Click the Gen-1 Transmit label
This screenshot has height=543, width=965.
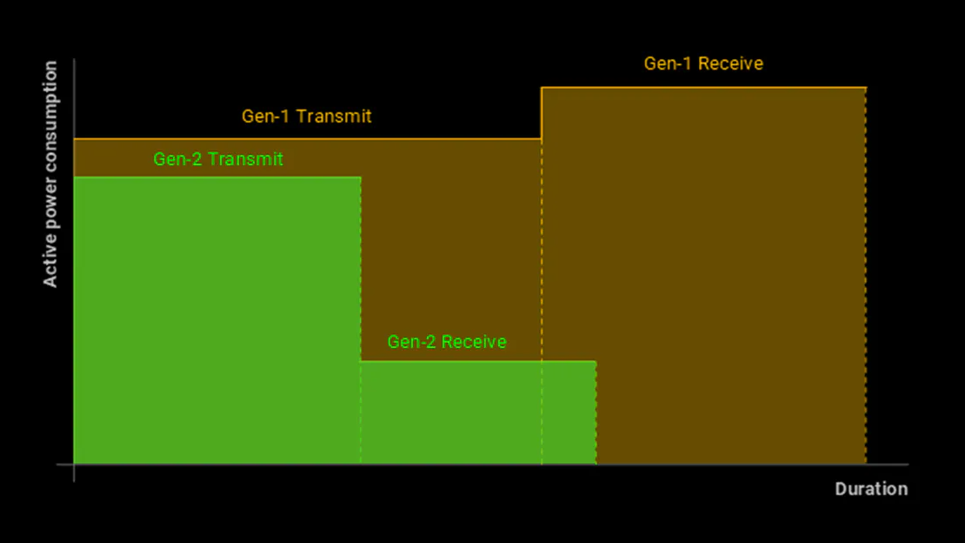tap(306, 117)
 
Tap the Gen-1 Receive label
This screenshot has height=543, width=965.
tap(703, 64)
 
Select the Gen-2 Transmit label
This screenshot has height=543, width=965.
tap(218, 159)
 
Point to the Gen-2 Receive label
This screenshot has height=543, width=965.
tap(447, 342)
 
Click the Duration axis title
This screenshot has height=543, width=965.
tap(871, 489)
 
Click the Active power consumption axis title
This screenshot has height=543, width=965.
tap(50, 174)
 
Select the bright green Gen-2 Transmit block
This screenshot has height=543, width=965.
tap(217, 322)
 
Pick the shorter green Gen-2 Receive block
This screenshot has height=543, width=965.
tap(478, 413)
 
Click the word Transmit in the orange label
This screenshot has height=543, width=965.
tap(333, 117)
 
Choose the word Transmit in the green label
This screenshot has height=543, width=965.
tap(245, 159)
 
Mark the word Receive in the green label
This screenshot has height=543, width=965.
tap(474, 342)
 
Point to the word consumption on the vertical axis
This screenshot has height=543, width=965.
tap(50, 111)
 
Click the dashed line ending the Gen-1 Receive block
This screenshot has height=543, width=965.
tap(866, 278)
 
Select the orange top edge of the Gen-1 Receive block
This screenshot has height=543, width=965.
tap(703, 88)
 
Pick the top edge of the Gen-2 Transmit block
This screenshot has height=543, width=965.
tap(217, 178)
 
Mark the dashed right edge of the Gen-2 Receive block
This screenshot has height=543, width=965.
tap(596, 413)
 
